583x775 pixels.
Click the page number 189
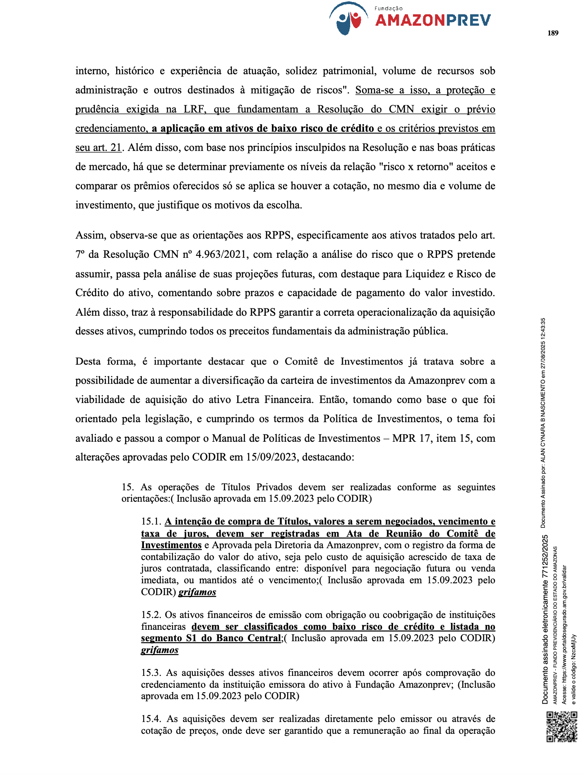(x=553, y=33)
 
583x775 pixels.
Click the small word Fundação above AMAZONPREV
(x=388, y=8)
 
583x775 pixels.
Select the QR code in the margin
(x=562, y=726)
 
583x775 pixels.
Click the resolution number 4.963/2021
(x=221, y=255)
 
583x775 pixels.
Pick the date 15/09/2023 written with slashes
(x=271, y=457)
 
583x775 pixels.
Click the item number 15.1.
(x=151, y=522)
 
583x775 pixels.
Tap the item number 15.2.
(x=151, y=615)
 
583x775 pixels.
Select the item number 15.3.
(x=151, y=673)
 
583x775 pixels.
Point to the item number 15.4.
(x=151, y=719)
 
